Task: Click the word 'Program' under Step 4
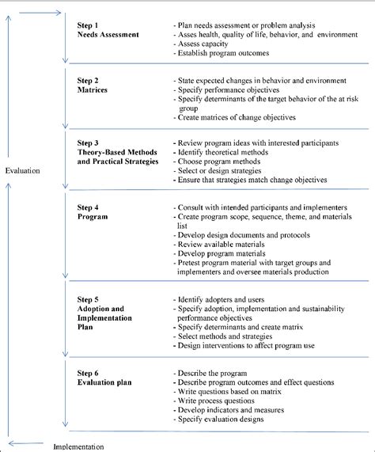pos(93,216)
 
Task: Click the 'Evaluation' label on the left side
pos(22,170)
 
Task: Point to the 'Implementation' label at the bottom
pos(78,446)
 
